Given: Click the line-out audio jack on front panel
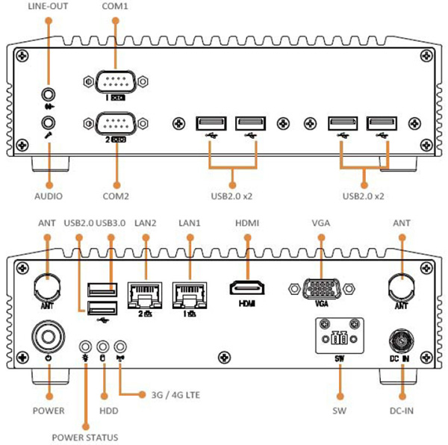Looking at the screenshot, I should point(49,94).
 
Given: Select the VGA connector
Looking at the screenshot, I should point(320,288).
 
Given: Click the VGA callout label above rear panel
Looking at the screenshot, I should point(320,222).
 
